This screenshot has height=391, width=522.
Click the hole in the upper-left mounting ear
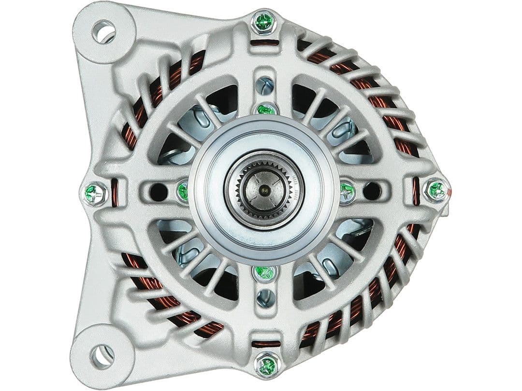(x=104, y=32)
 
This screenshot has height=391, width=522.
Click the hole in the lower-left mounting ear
(x=102, y=356)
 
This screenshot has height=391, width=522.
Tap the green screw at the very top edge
(x=264, y=22)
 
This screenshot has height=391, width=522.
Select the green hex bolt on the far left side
(x=95, y=194)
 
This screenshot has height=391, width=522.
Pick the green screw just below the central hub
(x=265, y=272)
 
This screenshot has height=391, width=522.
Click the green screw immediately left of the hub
(x=183, y=191)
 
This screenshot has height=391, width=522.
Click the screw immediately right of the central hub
(x=347, y=192)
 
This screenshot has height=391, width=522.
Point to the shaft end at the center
(x=264, y=190)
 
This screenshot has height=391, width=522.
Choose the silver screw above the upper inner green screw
(x=264, y=86)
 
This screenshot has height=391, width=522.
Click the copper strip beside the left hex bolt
(x=115, y=192)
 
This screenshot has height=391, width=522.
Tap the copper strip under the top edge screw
(x=265, y=42)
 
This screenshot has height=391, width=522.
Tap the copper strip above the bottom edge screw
(x=266, y=344)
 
